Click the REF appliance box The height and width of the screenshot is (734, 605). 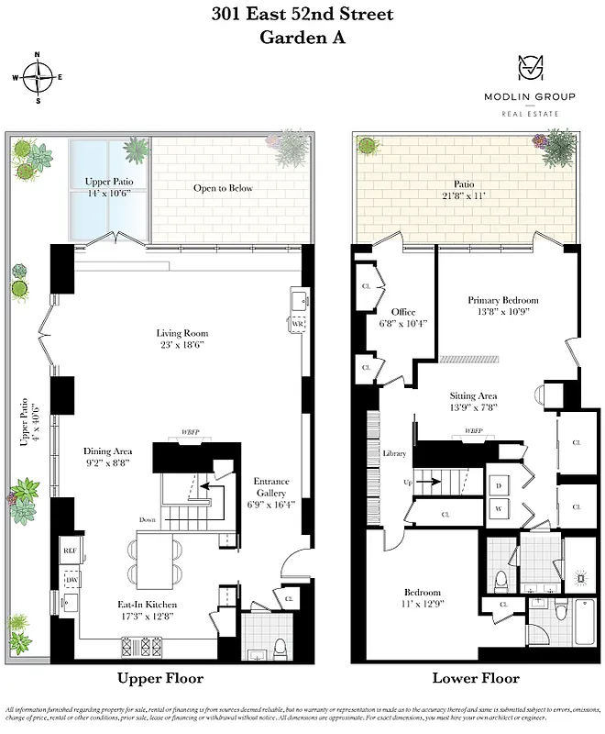click(x=70, y=550)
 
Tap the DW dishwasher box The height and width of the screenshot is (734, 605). click(x=70, y=581)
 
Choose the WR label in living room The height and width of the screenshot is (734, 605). click(x=297, y=325)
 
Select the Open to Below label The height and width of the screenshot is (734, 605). click(x=223, y=188)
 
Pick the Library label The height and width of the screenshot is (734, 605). click(x=393, y=453)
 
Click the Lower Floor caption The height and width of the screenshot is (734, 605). click(x=475, y=679)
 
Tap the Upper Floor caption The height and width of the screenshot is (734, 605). click(x=159, y=679)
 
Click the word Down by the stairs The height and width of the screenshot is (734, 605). click(x=148, y=519)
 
